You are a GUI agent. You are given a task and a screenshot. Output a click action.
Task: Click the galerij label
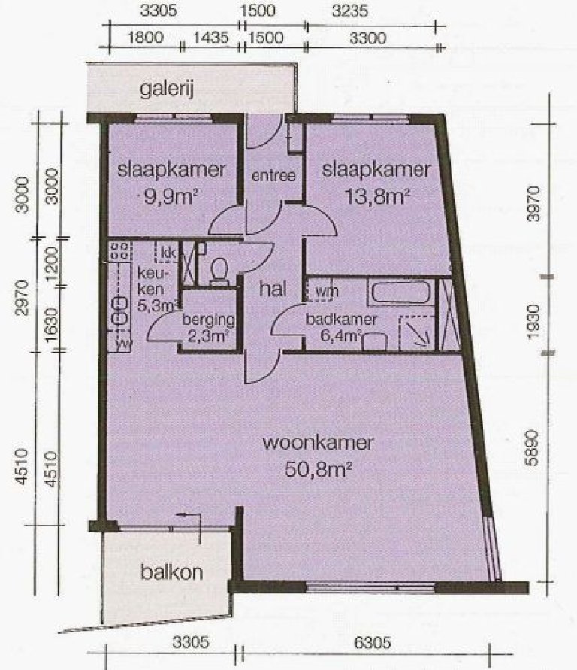167,90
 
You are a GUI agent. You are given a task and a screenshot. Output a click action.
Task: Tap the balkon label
171,572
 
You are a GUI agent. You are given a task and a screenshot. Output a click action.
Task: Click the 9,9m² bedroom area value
171,197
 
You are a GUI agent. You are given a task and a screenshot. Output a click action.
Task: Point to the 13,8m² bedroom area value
377,197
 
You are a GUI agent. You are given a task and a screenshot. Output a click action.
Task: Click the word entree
273,176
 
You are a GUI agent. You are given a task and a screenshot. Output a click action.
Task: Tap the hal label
273,289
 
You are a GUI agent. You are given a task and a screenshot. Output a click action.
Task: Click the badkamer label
341,319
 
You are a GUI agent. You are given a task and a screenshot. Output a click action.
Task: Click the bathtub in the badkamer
401,293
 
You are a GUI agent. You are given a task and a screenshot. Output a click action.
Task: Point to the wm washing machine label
327,291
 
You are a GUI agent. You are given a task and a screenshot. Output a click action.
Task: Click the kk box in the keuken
168,253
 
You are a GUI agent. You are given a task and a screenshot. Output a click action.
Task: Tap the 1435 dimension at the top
211,38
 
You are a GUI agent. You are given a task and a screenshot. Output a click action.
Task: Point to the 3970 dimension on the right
533,205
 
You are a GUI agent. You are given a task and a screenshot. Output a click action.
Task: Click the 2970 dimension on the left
23,298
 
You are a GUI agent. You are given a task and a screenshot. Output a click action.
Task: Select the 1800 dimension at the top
146,38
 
